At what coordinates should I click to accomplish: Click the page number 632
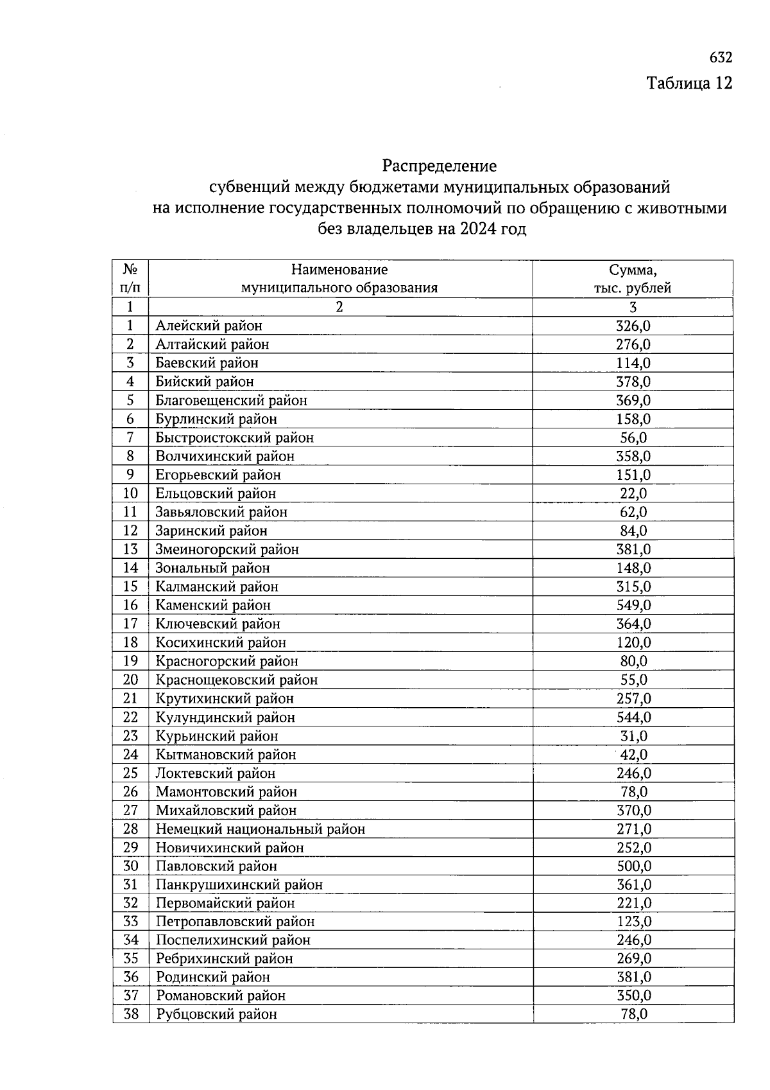click(720, 58)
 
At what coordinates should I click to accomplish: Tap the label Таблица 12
click(689, 84)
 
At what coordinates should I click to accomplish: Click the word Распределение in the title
click(439, 166)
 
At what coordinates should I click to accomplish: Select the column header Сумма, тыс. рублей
click(632, 279)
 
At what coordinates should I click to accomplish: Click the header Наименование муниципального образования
click(339, 279)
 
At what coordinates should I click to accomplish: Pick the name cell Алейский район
click(209, 326)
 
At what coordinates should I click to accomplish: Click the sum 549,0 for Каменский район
click(633, 605)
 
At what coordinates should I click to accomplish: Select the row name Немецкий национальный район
click(260, 829)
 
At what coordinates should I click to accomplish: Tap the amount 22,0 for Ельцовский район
click(633, 493)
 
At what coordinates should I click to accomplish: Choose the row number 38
click(131, 1014)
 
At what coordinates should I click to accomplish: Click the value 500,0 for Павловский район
click(633, 866)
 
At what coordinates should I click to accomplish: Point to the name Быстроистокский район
click(234, 437)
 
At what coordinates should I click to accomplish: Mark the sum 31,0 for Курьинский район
click(633, 735)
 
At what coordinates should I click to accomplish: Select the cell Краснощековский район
click(236, 680)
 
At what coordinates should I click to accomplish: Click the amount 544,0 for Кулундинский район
click(633, 717)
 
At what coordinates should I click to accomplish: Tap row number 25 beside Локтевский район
click(131, 773)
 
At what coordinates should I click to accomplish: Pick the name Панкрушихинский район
click(239, 884)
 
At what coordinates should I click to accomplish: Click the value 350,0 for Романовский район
click(633, 996)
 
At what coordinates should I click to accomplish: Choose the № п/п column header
click(131, 279)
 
